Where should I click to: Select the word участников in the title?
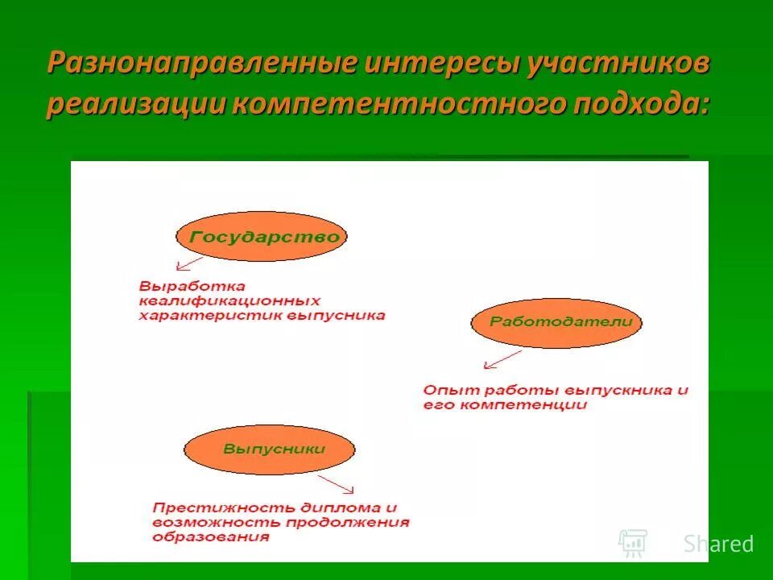pos(619,64)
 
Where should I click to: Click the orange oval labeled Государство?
pos(262,237)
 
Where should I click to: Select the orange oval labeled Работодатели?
pos(556,321)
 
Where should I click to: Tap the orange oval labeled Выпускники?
pos(269,449)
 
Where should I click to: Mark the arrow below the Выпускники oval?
pos(337,483)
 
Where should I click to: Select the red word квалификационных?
pos(229,300)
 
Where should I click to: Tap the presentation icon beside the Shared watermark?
pos(633,543)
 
